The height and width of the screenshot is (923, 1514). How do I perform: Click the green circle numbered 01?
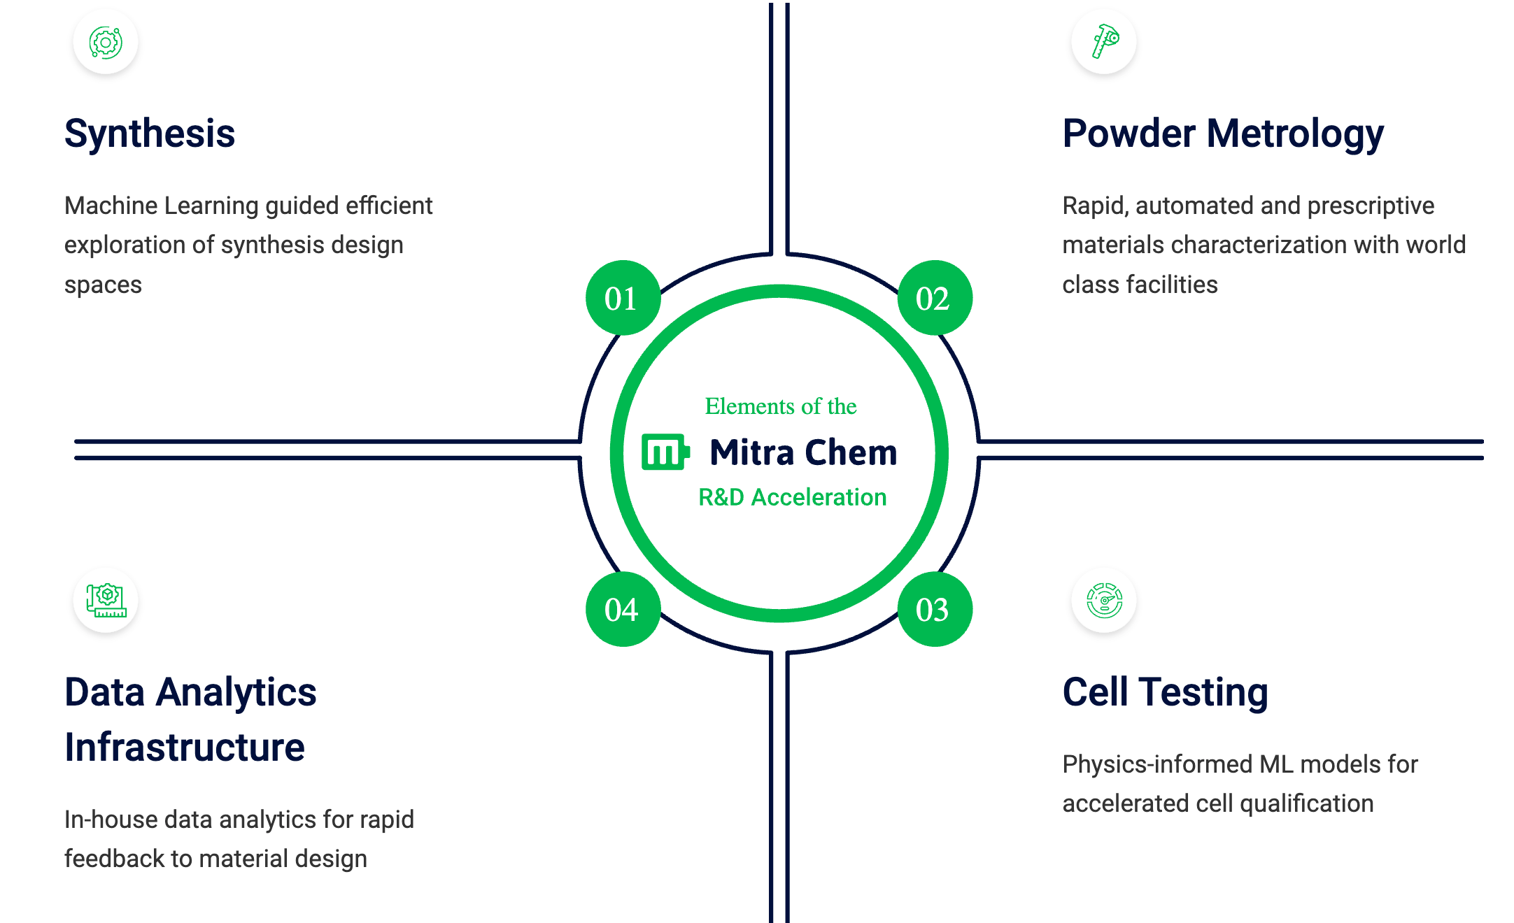coord(622,299)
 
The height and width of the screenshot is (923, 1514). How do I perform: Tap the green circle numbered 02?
coord(934,299)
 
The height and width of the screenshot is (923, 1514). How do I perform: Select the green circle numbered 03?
coord(934,610)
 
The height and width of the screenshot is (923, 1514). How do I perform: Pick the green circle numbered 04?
coord(622,610)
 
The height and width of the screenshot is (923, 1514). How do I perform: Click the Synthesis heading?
coord(150,134)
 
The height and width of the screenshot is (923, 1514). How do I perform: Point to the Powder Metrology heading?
coord(1222,134)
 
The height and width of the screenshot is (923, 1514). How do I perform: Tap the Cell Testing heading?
coord(1165,692)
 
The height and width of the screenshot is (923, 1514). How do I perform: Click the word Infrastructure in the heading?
coord(185,747)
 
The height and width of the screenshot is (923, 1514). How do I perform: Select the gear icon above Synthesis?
coord(106,42)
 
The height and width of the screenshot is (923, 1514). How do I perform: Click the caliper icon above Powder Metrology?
coord(1104,42)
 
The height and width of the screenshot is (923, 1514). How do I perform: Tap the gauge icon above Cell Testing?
coord(1104,600)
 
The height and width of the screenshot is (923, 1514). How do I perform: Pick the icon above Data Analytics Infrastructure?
coord(106,600)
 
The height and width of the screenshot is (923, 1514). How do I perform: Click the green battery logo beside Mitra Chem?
coord(665,452)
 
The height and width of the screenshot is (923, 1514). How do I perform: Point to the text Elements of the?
coord(780,406)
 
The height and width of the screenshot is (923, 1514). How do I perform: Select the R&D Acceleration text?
coord(792,497)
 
